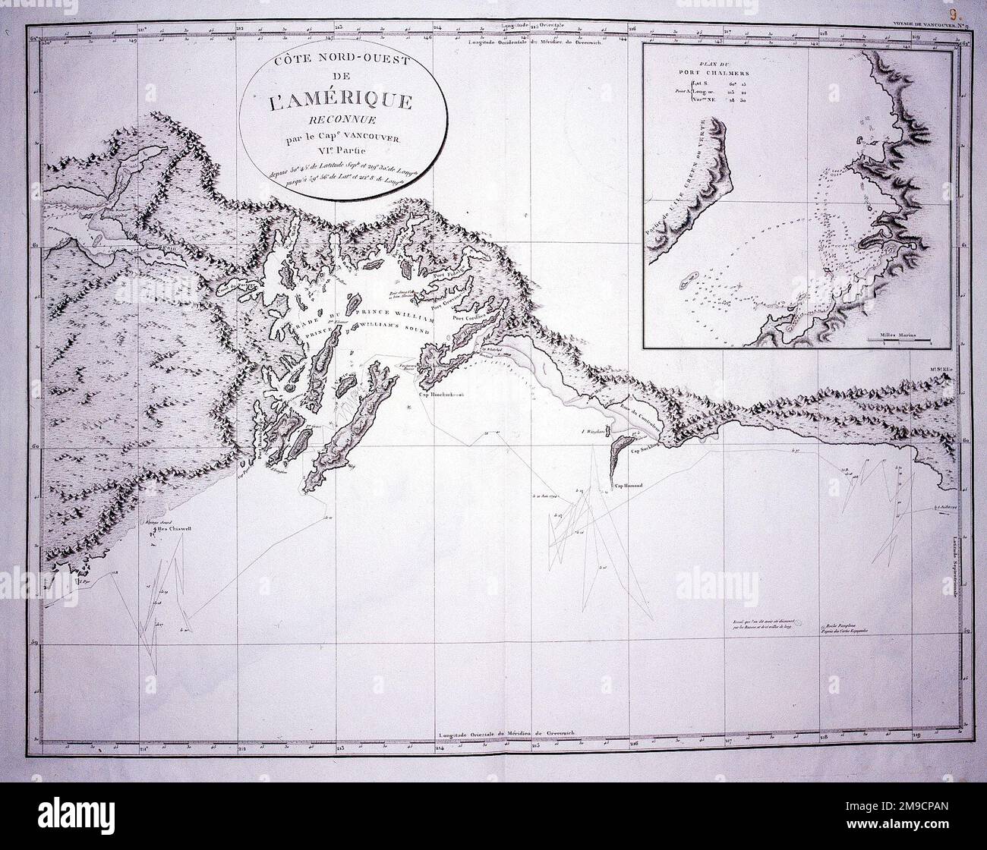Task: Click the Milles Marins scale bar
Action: coord(900,340)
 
